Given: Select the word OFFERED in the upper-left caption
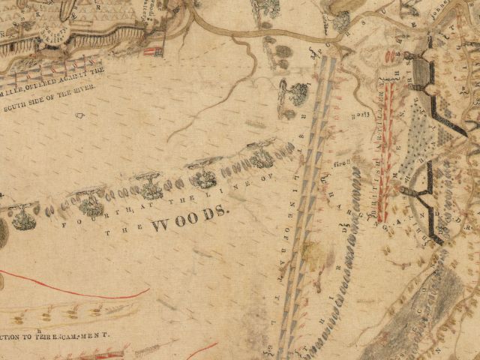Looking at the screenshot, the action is pyautogui.click(x=44, y=82).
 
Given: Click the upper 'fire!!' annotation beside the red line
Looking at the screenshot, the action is pyautogui.click(x=359, y=114).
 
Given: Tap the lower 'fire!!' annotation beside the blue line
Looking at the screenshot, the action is pyautogui.click(x=342, y=157).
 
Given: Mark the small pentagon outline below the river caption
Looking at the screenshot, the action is pyautogui.click(x=79, y=115).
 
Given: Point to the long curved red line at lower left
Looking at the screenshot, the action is pyautogui.click(x=67, y=289).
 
